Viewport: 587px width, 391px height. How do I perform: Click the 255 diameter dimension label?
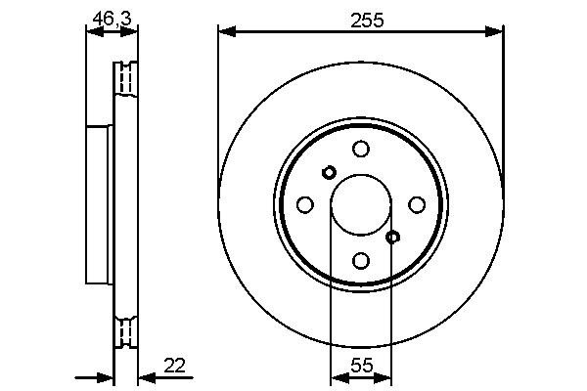coord(360,16)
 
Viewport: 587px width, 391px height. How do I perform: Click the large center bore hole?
coord(360,204)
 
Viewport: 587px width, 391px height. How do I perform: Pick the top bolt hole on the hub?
coord(361,149)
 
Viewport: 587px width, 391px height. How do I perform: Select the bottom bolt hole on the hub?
coord(361,260)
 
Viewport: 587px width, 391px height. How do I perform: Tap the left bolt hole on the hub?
coord(304,204)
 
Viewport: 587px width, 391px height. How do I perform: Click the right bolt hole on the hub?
coord(417,204)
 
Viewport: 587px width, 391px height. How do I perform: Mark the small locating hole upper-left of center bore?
coord(329,173)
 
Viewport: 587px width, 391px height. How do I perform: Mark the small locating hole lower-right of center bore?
coord(392,237)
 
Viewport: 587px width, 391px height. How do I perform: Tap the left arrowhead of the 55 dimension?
coord(337,377)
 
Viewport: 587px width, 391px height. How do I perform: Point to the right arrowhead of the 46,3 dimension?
coord(131,32)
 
